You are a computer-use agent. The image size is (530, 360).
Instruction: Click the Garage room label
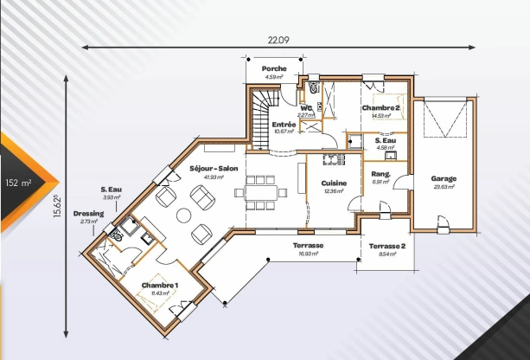pos(444,178)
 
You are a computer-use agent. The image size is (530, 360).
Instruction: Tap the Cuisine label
pos(334,183)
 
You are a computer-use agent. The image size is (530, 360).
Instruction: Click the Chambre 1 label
pos(160,286)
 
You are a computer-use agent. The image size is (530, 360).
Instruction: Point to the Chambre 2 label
pos(381,107)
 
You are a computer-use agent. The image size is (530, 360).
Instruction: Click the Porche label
pos(274,67)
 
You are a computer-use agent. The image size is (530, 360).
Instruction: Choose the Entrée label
pos(284,125)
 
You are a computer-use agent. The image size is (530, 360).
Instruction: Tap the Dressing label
pos(88,213)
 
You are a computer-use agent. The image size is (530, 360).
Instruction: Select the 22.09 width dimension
pos(278,39)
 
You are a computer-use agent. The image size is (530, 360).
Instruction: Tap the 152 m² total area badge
pos(18,183)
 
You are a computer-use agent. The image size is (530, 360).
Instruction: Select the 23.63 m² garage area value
pos(444,186)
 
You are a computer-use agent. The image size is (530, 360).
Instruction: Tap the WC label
pos(305,108)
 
